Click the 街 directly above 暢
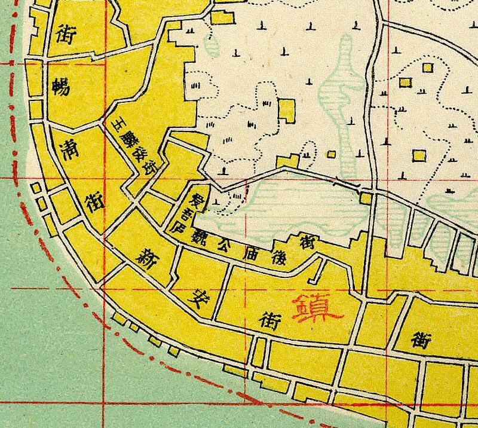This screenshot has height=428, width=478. click(65, 35)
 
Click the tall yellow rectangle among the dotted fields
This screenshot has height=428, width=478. click(286, 111)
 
